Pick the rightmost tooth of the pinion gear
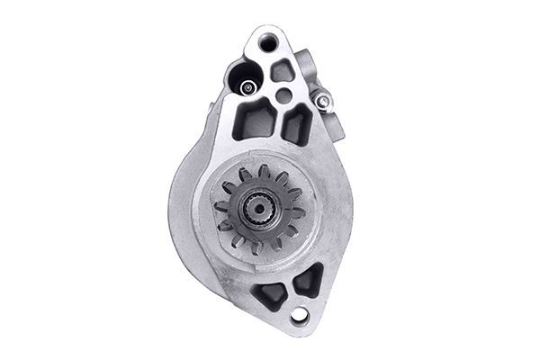pyautogui.click(x=305, y=212)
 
